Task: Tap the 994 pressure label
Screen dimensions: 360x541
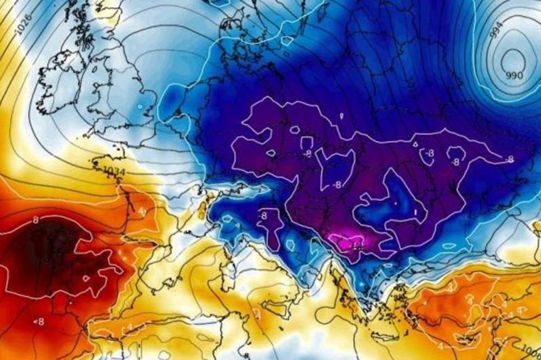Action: click(x=496, y=32)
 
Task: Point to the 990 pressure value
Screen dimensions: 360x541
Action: click(x=514, y=75)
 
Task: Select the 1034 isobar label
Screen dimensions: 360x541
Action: click(x=115, y=171)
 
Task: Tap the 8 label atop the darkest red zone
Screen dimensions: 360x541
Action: click(x=36, y=220)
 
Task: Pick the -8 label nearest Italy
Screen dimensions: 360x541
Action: click(x=263, y=215)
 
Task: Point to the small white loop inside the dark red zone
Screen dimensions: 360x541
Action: click(x=85, y=279)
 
